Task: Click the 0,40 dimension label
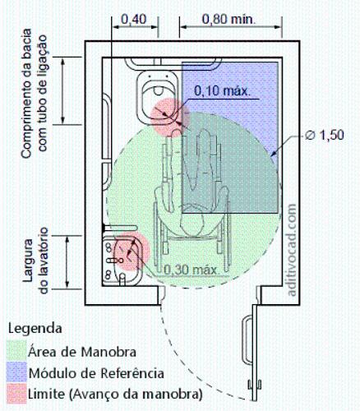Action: [x=134, y=20]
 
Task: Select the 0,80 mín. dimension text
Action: [x=228, y=19]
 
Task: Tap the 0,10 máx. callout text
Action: [x=223, y=90]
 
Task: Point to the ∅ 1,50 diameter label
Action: [x=325, y=135]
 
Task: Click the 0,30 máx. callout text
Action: [x=192, y=270]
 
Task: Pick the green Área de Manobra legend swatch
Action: [x=16, y=350]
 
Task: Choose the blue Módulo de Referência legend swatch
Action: [x=16, y=372]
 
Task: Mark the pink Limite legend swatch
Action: [x=16, y=393]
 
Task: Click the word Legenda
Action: [x=35, y=329]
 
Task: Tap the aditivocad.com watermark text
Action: [x=292, y=250]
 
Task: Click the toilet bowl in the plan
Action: [x=157, y=98]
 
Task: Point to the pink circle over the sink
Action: [x=132, y=252]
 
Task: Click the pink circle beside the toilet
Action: [x=170, y=118]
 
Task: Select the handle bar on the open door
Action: [x=246, y=340]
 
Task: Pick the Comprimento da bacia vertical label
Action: [x=34, y=93]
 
